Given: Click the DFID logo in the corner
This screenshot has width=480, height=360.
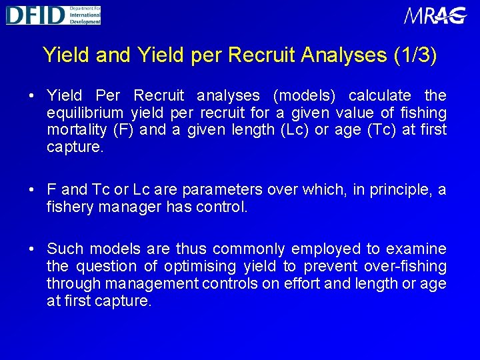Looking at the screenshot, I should tap(53, 15).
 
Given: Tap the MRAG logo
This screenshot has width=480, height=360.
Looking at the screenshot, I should tap(435, 15).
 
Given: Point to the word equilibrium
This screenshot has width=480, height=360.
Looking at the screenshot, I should tap(85, 113).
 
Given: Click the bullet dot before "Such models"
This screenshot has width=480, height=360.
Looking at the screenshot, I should tap(31, 249).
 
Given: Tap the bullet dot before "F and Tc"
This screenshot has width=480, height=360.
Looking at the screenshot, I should tap(31, 190).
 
